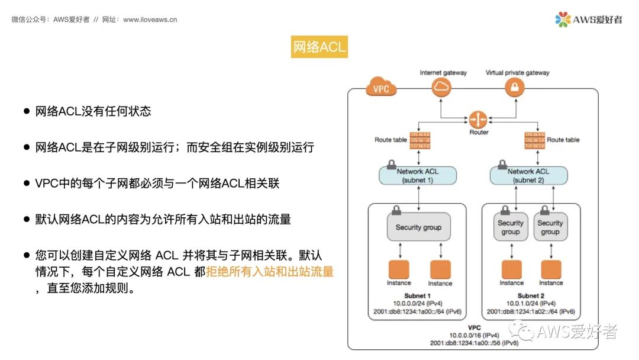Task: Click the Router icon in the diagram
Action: tap(477, 119)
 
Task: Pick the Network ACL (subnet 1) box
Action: tap(418, 175)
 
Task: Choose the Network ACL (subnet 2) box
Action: tap(528, 175)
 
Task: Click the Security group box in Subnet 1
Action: tap(418, 227)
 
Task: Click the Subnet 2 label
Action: tap(530, 295)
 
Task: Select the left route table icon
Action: tap(418, 140)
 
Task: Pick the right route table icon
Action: tap(534, 140)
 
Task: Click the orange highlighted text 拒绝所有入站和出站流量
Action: tap(270, 272)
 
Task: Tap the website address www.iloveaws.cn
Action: tap(150, 20)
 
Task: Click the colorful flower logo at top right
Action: tap(563, 20)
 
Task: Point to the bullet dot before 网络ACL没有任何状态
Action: tap(26, 111)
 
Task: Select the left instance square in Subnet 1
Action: tap(398, 269)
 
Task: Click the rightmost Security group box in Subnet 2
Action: tap(550, 228)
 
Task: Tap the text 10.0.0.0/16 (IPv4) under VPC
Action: tap(475, 335)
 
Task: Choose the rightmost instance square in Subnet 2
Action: tap(551, 269)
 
